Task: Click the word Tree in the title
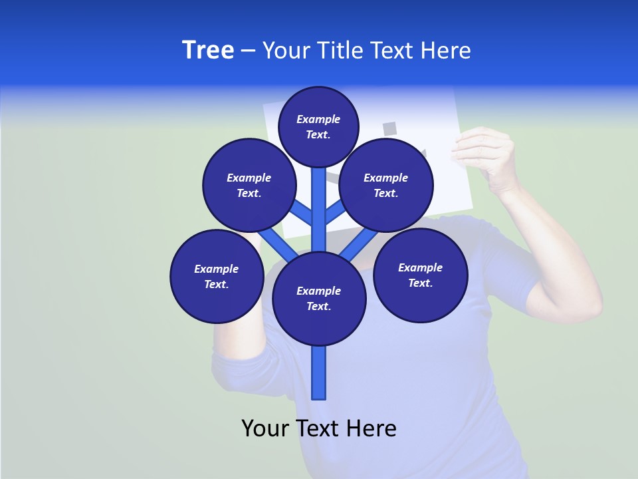[208, 51]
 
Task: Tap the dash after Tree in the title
[248, 51]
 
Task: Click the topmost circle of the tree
[318, 126]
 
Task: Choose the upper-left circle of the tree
[249, 185]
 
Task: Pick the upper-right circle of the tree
[386, 185]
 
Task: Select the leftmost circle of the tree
[217, 276]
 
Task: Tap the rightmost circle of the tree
[421, 275]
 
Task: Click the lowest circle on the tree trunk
[319, 298]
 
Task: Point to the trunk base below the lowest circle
[319, 373]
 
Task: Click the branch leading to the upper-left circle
[302, 213]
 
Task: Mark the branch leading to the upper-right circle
[335, 213]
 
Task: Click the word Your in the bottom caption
[266, 428]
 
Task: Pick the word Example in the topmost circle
[318, 119]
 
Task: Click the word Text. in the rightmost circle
[421, 283]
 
